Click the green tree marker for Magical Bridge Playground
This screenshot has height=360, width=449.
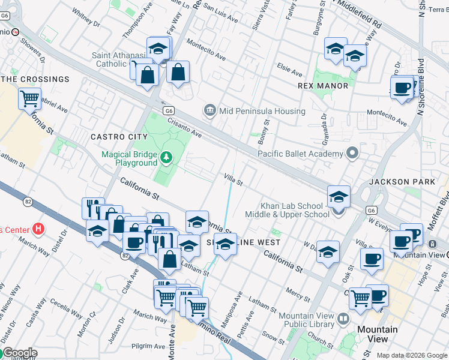coord(166,158)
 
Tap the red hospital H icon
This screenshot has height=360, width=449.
coord(39,229)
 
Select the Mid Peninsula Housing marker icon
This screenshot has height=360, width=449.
coord(209,109)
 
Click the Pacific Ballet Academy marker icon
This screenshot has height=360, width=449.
coord(352,153)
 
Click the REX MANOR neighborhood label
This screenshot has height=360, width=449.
coord(323,86)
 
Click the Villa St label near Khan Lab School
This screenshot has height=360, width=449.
coord(233,179)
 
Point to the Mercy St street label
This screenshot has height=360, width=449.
coord(298,292)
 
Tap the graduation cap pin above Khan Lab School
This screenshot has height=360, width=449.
coord(339,196)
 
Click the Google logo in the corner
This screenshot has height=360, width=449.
coord(19,353)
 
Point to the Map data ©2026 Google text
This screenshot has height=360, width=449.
coord(412,355)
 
